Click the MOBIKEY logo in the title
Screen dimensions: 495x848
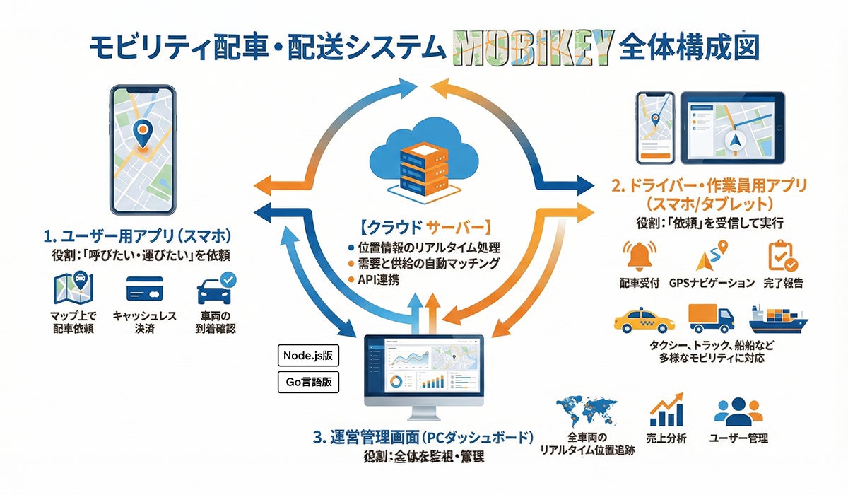pos(531,49)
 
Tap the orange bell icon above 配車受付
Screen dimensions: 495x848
pos(638,255)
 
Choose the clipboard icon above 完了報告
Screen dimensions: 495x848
pos(781,256)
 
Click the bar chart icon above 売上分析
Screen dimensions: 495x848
pos(666,409)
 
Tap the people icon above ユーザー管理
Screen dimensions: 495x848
pos(738,410)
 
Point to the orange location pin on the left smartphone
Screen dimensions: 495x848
pos(143,134)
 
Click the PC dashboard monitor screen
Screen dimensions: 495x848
pos(423,367)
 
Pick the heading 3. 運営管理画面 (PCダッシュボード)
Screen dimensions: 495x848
pos(422,437)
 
